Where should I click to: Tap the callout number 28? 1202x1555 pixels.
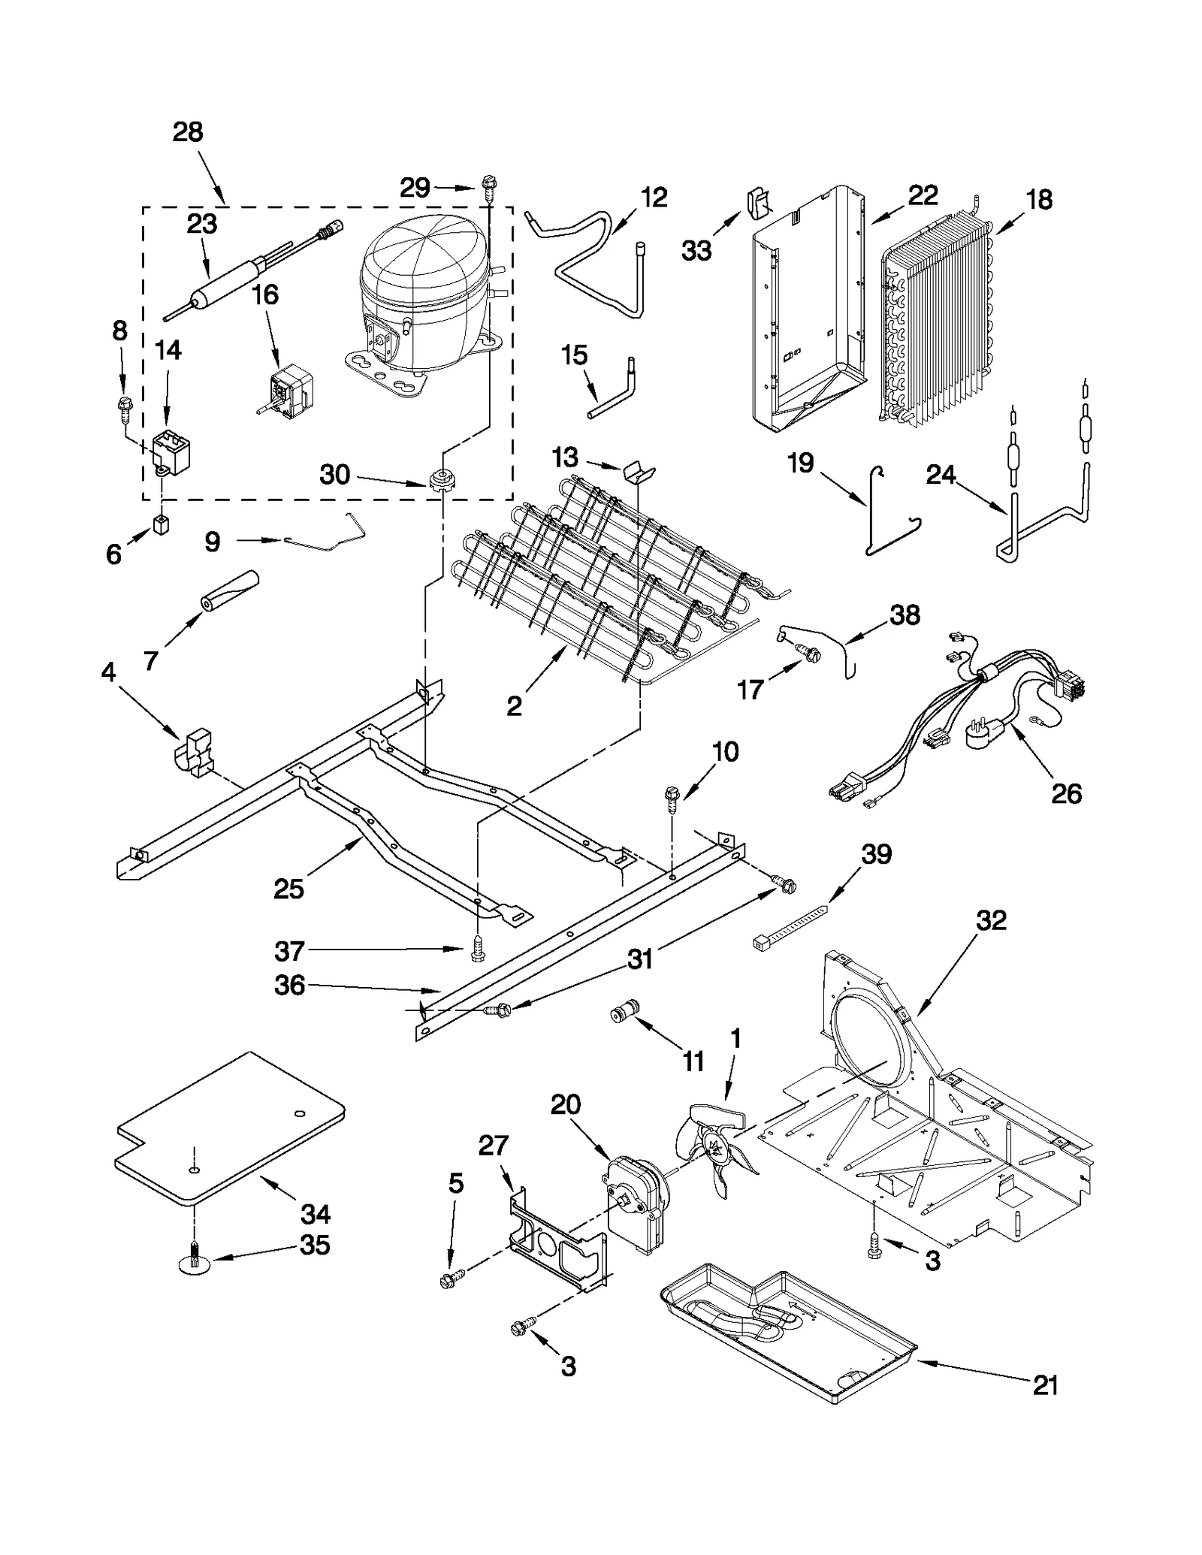(188, 132)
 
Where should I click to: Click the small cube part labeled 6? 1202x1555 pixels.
(161, 524)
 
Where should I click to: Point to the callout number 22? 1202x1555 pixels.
(923, 197)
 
